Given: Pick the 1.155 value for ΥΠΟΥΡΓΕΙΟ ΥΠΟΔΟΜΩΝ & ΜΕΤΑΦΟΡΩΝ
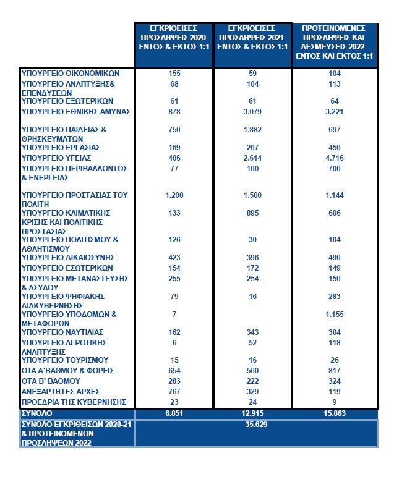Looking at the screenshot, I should point(334,315).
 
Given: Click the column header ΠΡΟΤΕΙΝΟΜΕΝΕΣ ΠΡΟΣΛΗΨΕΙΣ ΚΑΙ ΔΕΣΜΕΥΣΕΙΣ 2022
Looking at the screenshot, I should point(334,42).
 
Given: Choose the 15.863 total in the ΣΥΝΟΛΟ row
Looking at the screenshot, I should point(334,413).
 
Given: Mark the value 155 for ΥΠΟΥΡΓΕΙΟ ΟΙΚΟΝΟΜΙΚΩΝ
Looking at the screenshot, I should point(174,74).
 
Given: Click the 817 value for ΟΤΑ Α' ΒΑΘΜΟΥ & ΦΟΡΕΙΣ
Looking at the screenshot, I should point(334,371).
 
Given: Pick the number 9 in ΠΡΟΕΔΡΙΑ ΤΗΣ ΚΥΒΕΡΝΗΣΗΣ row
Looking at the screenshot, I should point(334,402).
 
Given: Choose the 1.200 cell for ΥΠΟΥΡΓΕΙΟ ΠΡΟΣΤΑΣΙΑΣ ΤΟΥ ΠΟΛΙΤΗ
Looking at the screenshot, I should point(174,195).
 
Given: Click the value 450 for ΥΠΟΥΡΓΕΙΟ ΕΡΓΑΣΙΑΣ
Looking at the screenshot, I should point(334,148).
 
